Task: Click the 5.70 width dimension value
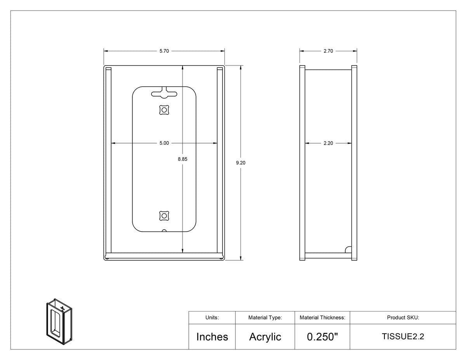tap(164, 51)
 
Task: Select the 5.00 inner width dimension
tap(164, 143)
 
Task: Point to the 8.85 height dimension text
tap(183, 159)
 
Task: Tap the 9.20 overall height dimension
tap(241, 163)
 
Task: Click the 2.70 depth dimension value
tap(328, 51)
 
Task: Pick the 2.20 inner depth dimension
tap(328, 143)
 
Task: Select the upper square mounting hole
tap(164, 110)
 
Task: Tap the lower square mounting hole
tap(164, 216)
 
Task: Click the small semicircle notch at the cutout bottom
tap(164, 230)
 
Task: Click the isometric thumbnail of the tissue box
tap(59, 322)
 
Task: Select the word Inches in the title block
tap(212, 337)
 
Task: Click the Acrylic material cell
tap(265, 337)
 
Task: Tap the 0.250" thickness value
tap(322, 336)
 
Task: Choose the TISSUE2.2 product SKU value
tap(403, 336)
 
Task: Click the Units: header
tap(212, 317)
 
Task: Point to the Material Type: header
tap(265, 318)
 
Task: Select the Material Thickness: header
tap(322, 317)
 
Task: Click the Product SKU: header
tap(403, 317)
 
